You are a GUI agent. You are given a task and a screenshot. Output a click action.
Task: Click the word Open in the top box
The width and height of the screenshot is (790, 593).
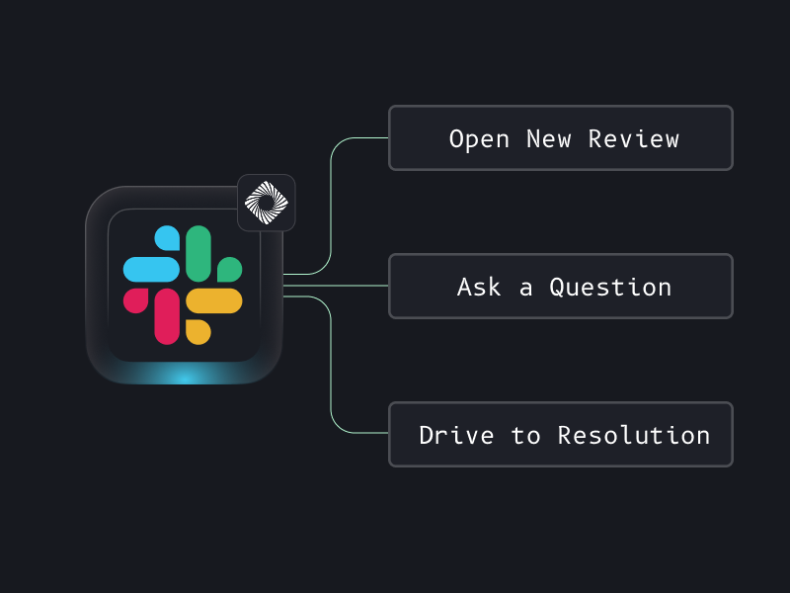479,139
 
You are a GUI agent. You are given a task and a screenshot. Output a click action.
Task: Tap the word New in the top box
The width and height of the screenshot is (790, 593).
549,139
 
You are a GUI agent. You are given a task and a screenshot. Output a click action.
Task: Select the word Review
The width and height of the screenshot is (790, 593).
634,139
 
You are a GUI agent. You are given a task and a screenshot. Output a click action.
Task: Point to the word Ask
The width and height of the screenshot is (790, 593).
480,288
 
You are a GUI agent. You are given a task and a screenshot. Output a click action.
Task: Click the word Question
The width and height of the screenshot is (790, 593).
610,288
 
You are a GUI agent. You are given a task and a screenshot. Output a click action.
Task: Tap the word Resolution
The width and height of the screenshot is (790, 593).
634,436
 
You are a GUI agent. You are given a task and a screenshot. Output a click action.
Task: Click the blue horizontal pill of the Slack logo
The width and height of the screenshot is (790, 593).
151,269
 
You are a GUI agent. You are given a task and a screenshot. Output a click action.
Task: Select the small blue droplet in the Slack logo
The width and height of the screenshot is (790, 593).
168,238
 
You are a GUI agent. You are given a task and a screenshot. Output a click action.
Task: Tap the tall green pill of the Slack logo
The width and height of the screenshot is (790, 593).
198,253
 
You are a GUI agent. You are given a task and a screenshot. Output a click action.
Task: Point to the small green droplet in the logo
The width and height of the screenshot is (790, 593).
229,269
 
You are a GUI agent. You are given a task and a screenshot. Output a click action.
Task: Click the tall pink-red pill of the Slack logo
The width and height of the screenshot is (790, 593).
167,316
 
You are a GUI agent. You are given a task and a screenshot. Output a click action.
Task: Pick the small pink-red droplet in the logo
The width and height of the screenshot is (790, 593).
136,299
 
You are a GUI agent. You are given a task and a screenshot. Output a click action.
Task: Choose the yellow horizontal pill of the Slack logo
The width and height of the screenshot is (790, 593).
214,300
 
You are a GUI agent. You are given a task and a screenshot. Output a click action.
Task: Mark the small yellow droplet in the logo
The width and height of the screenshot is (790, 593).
197,331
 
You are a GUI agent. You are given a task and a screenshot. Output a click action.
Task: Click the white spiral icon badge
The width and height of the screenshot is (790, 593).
266,203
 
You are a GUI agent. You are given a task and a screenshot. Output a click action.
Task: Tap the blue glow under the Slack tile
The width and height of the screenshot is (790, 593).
184,376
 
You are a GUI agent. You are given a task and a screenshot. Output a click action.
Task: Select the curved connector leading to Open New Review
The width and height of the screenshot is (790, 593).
331,198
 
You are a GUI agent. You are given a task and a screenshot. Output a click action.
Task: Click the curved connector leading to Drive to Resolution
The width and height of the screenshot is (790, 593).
331,376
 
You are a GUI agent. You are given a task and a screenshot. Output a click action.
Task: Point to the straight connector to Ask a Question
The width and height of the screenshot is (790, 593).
336,287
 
